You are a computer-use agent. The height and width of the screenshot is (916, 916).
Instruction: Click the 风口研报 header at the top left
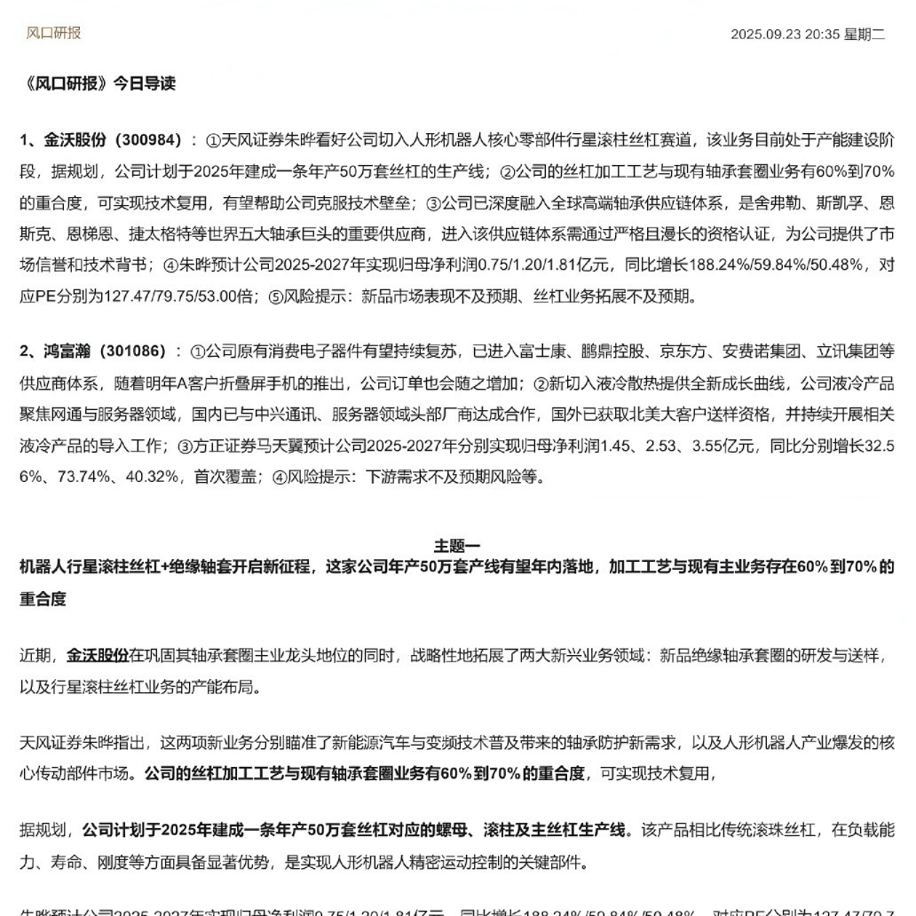point(53,33)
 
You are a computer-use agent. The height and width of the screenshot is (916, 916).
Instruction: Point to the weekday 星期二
point(865,35)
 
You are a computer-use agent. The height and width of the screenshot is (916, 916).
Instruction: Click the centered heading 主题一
point(457,545)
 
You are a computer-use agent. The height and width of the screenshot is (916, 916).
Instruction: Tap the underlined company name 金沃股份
point(98,656)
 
